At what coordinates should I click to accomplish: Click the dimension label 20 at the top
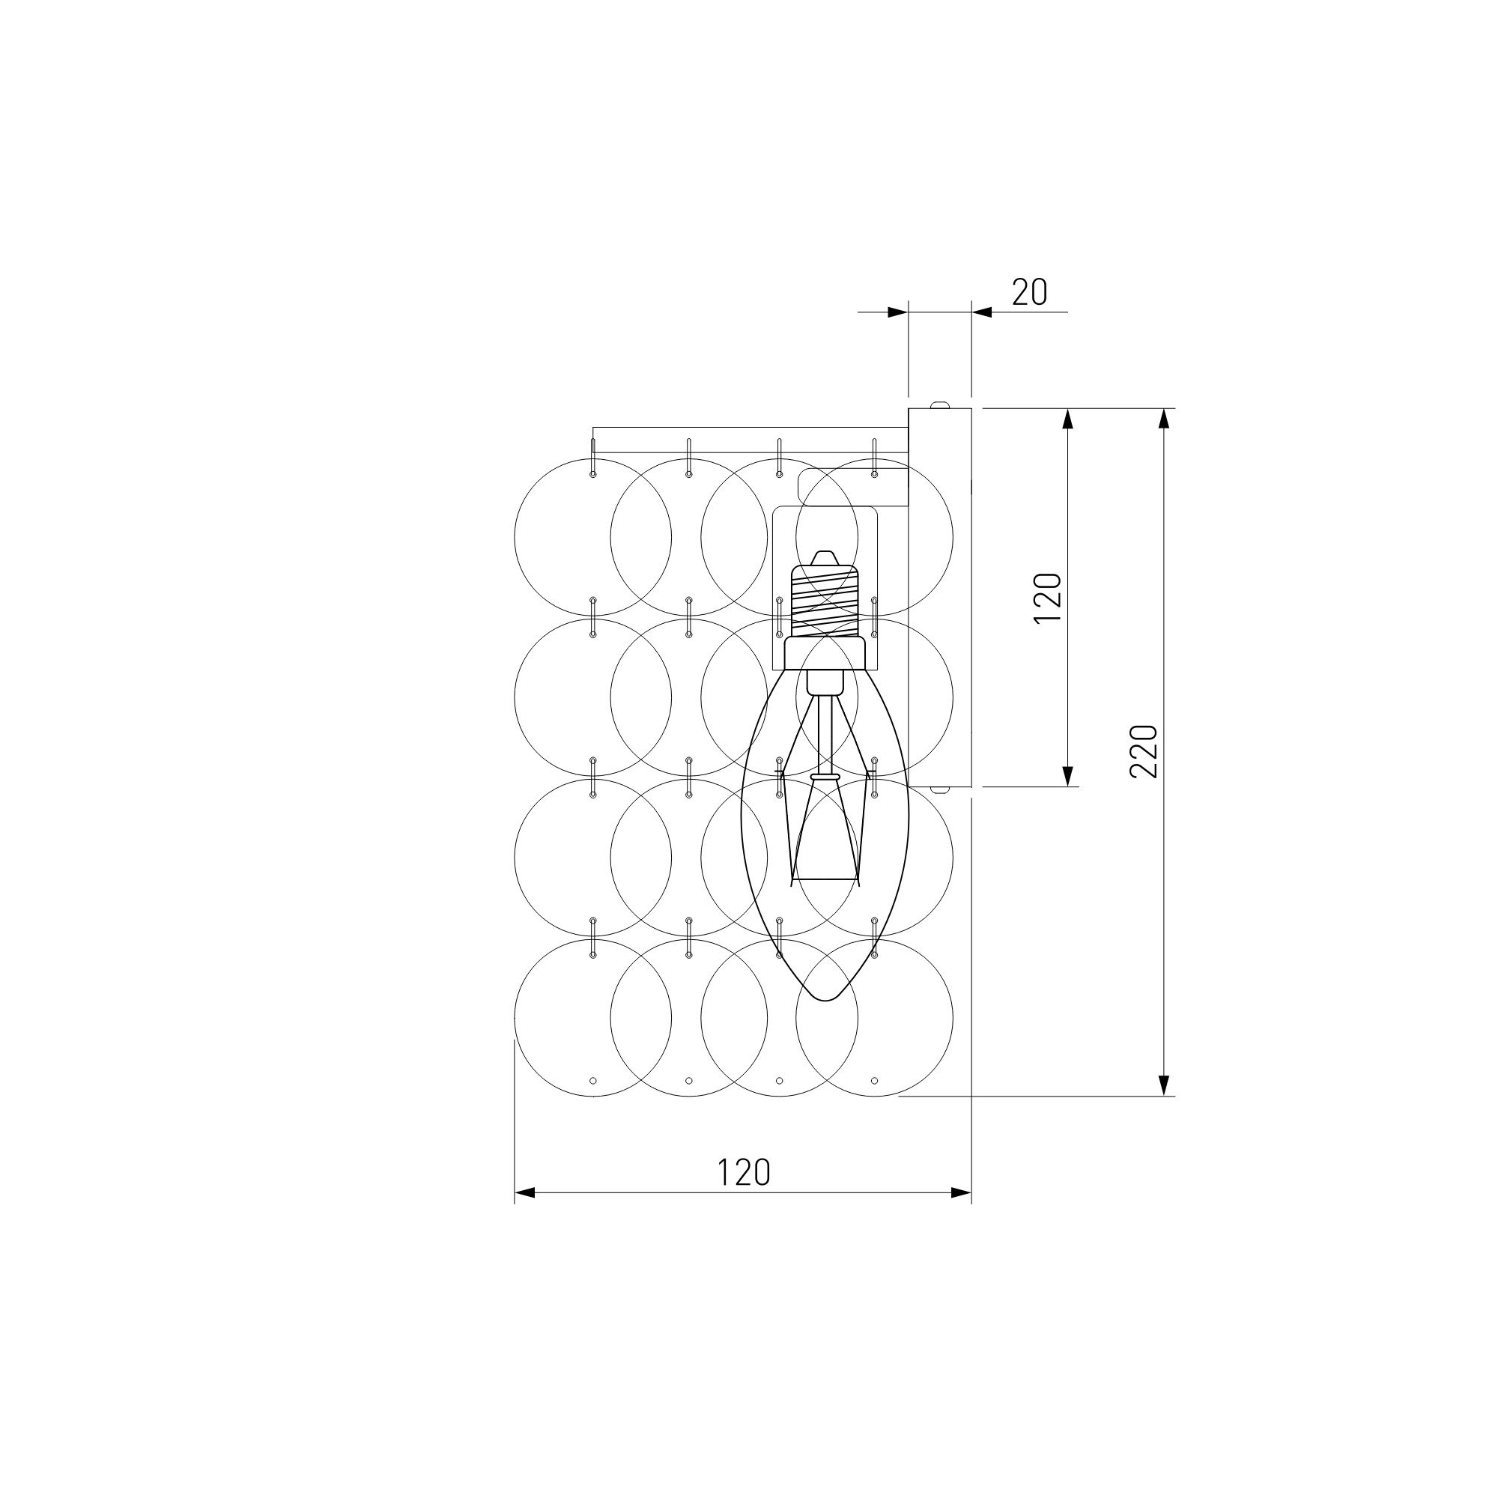[x=1030, y=292]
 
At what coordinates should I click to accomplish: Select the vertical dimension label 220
[x=1144, y=751]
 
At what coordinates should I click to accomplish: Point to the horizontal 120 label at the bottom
[x=744, y=1172]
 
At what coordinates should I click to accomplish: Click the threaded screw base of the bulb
[x=825, y=601]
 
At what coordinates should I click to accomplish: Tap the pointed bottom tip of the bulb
[x=825, y=1000]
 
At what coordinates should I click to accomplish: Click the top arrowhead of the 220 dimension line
[x=1163, y=419]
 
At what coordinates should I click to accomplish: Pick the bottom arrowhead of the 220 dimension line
[x=1163, y=1085]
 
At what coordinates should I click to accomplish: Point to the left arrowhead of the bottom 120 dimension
[x=525, y=1214]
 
